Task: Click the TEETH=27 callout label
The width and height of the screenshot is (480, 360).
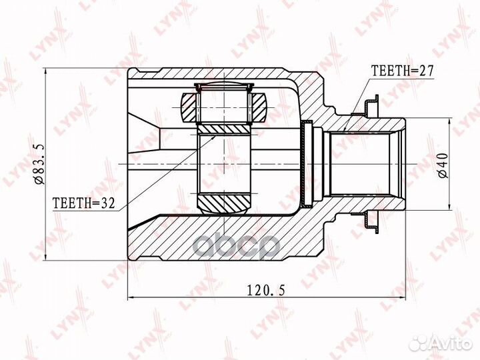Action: [x=399, y=69]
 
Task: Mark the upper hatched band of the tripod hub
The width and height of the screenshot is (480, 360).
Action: [x=224, y=127]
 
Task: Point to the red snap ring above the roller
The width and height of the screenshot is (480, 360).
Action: [x=224, y=85]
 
